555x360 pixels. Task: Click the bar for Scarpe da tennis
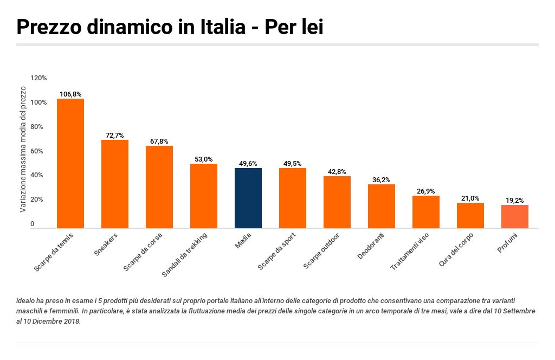[x=70, y=163]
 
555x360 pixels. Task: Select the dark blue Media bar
[x=248, y=198]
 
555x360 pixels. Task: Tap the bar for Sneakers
[x=115, y=184]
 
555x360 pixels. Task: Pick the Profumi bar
[x=515, y=216]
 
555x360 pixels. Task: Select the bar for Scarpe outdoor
[x=337, y=202]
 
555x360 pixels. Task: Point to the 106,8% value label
[x=70, y=94]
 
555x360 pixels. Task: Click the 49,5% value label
[x=293, y=164]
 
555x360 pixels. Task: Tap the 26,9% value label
[x=426, y=191]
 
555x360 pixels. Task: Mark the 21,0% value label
[x=470, y=198]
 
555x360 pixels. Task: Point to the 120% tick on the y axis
[x=38, y=78]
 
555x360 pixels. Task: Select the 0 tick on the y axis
[x=33, y=224]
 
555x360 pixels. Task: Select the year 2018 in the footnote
[x=71, y=321]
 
